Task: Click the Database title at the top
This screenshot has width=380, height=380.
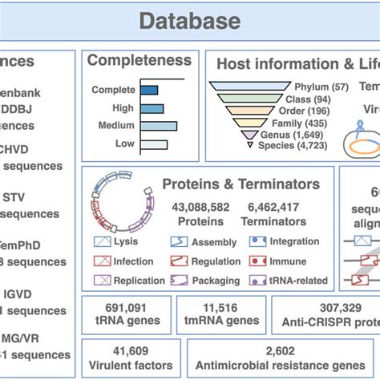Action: [x=190, y=20]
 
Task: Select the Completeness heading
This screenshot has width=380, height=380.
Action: [x=139, y=60]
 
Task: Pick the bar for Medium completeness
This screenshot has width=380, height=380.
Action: [x=159, y=126]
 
